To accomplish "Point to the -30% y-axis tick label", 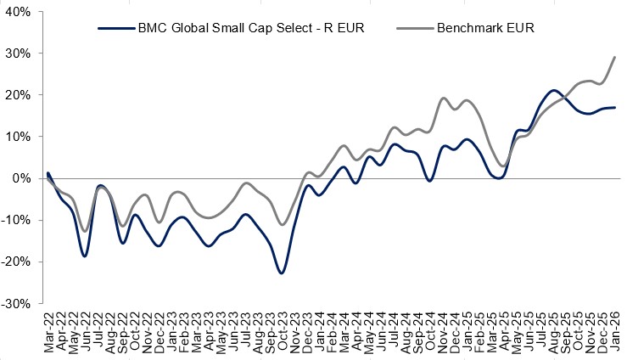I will click(16, 303).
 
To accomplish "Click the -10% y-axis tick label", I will click(16, 220).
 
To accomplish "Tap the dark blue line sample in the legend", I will click(115, 28).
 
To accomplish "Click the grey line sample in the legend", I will click(413, 28).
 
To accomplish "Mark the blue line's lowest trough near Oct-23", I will click(281, 273).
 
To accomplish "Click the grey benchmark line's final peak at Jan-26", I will click(614, 57).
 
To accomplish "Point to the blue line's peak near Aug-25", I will click(553, 90).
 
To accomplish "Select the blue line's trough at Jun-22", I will click(85, 256).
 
